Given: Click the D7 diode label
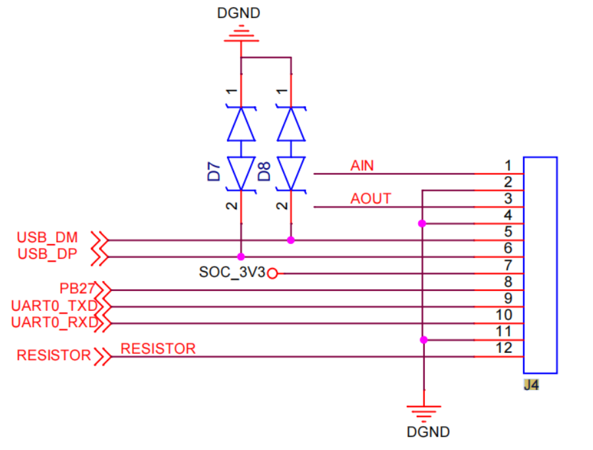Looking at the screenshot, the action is tap(214, 172).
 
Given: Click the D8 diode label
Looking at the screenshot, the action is tap(264, 172).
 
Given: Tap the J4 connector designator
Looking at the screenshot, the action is tap(532, 385).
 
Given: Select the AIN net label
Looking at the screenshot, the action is tap(362, 166).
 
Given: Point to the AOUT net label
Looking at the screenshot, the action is tap(371, 199).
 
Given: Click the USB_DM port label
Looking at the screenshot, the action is tap(47, 238).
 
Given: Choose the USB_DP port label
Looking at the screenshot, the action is tap(47, 254).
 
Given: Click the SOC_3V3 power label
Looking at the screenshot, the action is tap(232, 273).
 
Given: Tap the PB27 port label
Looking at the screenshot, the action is tap(77, 288).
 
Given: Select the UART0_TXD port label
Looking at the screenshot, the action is tap(55, 305).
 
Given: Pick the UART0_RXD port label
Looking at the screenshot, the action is tap(55, 322).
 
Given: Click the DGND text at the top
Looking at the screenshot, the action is tap(239, 13).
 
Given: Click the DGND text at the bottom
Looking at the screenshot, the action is tap(428, 432).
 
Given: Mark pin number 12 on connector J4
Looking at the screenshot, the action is tap(504, 348).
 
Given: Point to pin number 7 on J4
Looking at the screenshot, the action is tap(509, 265).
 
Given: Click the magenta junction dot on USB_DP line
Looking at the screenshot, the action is tap(241, 257).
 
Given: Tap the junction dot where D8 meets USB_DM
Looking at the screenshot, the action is tap(291, 240).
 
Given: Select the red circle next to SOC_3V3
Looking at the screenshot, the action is tap(272, 273).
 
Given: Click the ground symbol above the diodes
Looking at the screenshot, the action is tap(241, 33).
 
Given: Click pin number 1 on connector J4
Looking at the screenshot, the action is tap(509, 166).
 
